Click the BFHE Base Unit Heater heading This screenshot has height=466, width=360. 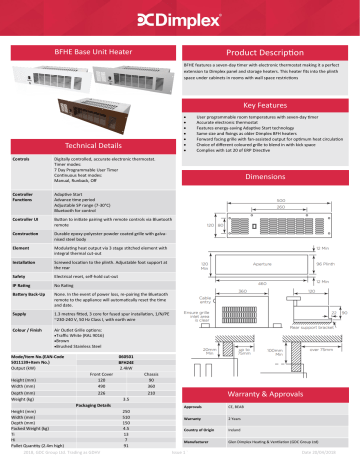pos(84,49)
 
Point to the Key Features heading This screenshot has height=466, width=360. pos(265,103)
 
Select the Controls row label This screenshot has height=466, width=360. pos(19,158)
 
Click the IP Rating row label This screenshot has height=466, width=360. pos(21,285)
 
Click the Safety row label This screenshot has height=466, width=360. pos(18,275)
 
